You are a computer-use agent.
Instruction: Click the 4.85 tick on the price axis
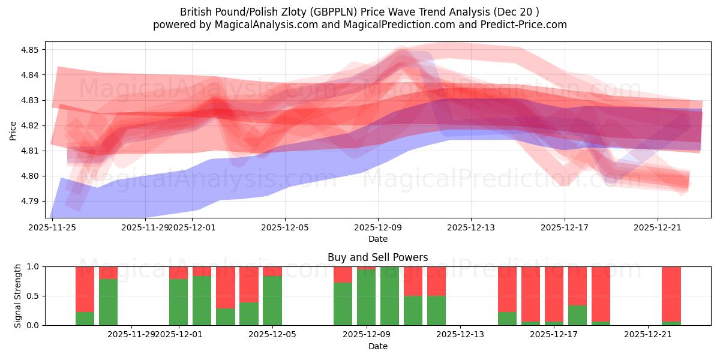pos(30,50)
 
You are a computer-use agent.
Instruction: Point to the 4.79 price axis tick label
pos(30,201)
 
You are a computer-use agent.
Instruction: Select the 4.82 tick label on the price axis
pos(30,125)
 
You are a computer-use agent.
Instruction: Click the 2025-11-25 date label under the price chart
pos(53,227)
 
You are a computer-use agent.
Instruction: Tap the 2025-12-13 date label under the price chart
pos(470,227)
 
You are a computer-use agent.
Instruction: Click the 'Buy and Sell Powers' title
pos(377,257)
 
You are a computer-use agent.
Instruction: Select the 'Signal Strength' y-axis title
pos(18,296)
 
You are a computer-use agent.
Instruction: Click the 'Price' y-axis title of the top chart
pos(13,130)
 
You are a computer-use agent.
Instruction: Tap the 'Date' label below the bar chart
pos(377,346)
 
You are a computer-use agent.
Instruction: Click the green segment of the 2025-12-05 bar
pos(272,300)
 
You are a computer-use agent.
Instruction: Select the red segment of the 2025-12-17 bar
pos(554,294)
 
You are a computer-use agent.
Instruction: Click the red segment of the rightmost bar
pos(671,294)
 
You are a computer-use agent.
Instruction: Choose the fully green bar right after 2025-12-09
pos(389,296)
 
